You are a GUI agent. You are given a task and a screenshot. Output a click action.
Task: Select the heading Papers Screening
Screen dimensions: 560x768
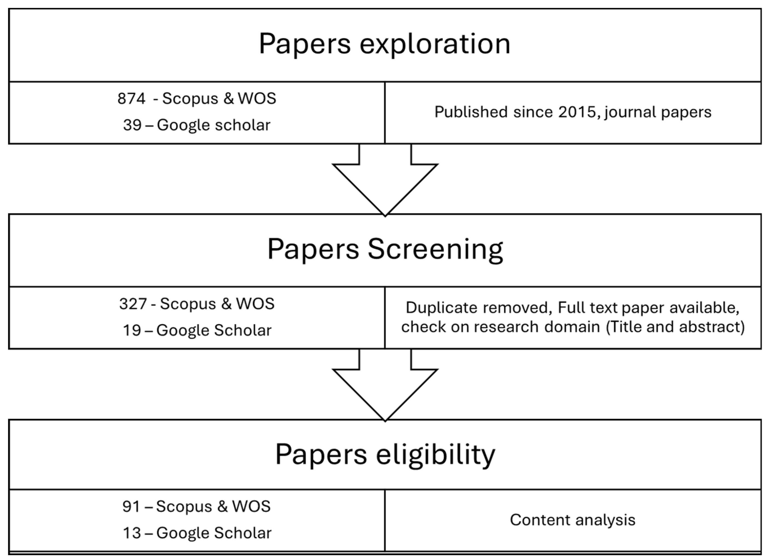(x=385, y=249)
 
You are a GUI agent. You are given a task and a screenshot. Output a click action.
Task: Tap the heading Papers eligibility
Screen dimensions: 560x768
(x=385, y=454)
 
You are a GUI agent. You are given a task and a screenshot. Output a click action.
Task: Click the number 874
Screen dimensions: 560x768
(x=131, y=99)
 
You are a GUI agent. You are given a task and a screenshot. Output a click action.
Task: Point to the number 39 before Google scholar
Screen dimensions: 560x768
(x=132, y=125)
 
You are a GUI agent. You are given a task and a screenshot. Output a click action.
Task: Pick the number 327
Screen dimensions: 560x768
(x=133, y=304)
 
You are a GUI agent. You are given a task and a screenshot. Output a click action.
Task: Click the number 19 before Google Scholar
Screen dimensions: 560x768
(x=132, y=330)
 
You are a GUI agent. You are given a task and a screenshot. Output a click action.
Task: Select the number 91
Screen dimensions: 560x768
(x=131, y=506)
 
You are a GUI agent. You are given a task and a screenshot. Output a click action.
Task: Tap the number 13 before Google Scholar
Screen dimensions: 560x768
(x=132, y=533)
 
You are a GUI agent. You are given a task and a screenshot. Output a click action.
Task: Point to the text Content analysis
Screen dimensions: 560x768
(x=572, y=520)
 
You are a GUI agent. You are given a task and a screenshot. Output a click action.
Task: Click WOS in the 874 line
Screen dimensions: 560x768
(x=257, y=99)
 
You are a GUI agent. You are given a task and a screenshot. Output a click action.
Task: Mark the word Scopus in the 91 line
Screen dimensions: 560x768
(x=184, y=506)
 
